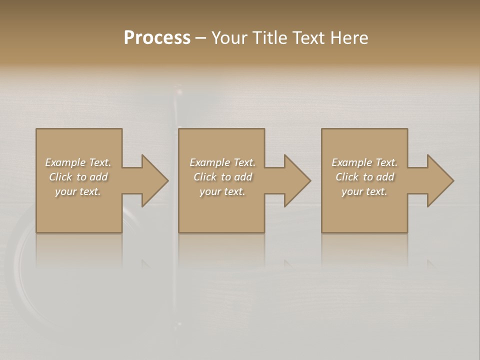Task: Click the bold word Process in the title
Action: point(157,38)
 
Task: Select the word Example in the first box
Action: point(65,162)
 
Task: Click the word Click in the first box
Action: point(61,177)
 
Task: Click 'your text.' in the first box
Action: point(78,191)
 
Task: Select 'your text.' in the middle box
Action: point(222,191)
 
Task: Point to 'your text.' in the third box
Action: point(364,191)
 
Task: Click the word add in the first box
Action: point(99,177)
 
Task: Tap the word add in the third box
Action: point(385,177)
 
